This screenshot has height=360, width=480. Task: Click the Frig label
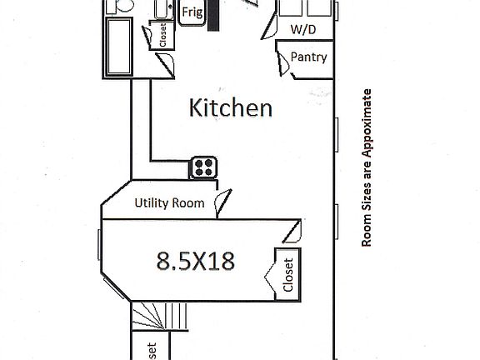(x=192, y=12)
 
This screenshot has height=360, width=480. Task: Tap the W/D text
(x=302, y=29)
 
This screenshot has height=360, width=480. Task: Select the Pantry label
(x=308, y=57)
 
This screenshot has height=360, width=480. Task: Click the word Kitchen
(x=231, y=107)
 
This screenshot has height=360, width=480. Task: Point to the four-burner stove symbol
(x=203, y=167)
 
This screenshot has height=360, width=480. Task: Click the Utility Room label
(x=171, y=202)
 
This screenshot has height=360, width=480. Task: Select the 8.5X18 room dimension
(x=195, y=261)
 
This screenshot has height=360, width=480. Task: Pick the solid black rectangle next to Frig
(x=213, y=15)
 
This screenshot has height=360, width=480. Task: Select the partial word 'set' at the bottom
(x=152, y=351)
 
